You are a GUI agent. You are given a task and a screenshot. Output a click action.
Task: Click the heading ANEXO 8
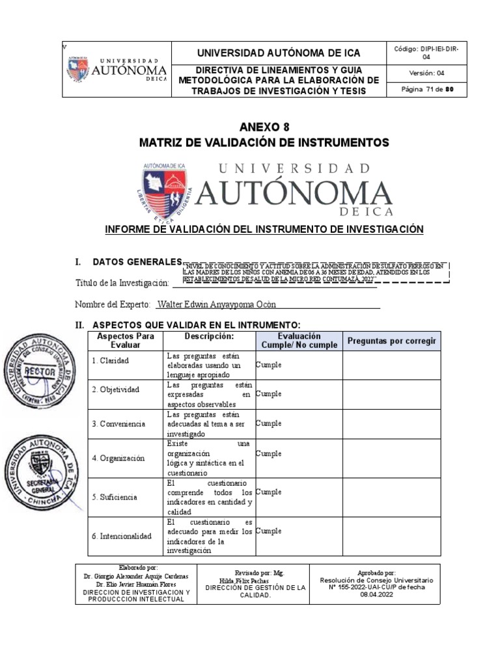tap(264, 127)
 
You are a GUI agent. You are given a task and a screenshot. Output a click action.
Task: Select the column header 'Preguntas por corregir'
tap(391, 341)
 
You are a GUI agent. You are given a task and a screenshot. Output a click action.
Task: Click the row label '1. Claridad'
tap(111, 360)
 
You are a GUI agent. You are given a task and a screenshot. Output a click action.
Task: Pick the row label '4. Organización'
tap(118, 458)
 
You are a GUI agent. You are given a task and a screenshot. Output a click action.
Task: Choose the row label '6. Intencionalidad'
tap(122, 536)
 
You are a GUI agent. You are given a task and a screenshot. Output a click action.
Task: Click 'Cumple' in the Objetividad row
tap(269, 394)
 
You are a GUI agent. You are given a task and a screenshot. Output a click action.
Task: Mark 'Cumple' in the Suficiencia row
tap(269, 492)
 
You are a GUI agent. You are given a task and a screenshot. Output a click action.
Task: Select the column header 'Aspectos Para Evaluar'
tap(125, 340)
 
